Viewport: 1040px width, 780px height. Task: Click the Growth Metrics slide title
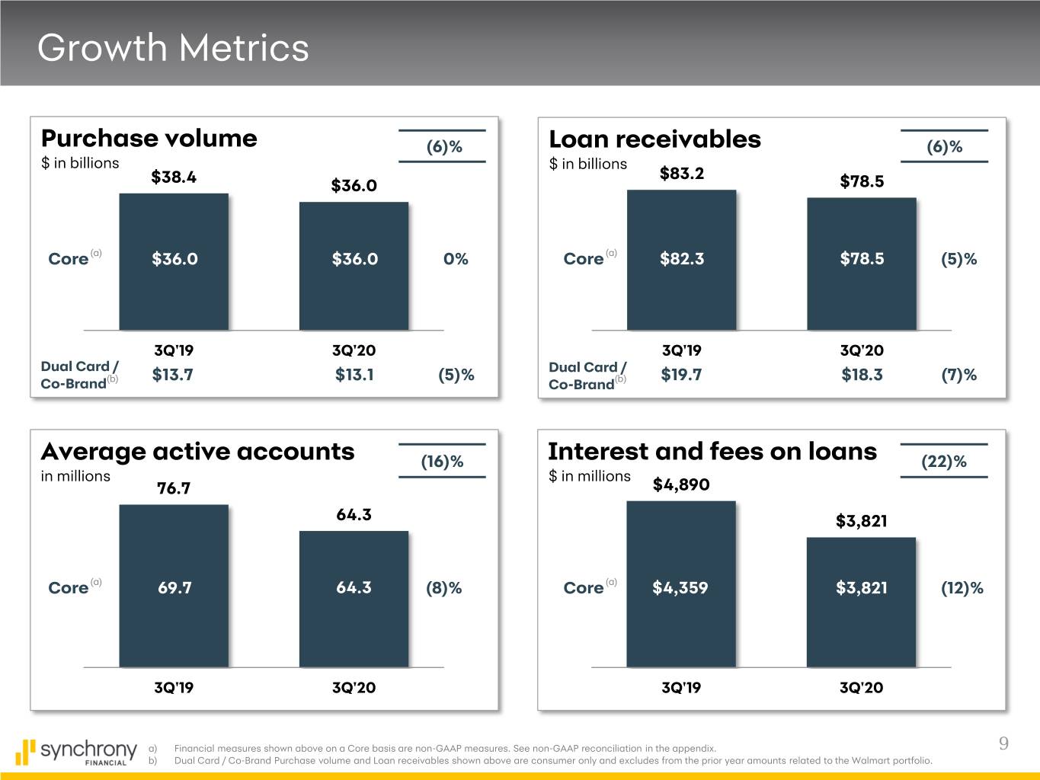click(173, 47)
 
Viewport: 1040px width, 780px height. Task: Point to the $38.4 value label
click(174, 177)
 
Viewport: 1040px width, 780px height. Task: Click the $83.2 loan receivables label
click(682, 174)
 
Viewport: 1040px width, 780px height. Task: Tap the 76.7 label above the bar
click(174, 488)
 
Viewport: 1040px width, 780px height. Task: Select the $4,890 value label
click(681, 485)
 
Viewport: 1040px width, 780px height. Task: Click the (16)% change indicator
click(442, 462)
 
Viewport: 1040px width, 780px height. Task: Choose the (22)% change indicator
click(944, 462)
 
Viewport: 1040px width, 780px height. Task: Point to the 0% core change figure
click(456, 259)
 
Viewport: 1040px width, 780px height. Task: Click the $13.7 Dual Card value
click(173, 375)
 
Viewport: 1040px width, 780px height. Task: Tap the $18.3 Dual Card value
click(862, 375)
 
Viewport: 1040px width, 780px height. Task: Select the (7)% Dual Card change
click(958, 375)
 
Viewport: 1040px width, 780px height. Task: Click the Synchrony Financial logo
click(76, 752)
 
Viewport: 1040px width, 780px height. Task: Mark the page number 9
click(1003, 744)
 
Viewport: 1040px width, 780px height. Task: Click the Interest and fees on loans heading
click(712, 452)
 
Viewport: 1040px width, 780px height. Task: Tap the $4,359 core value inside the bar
click(680, 588)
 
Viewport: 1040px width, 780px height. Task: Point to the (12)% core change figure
click(962, 588)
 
